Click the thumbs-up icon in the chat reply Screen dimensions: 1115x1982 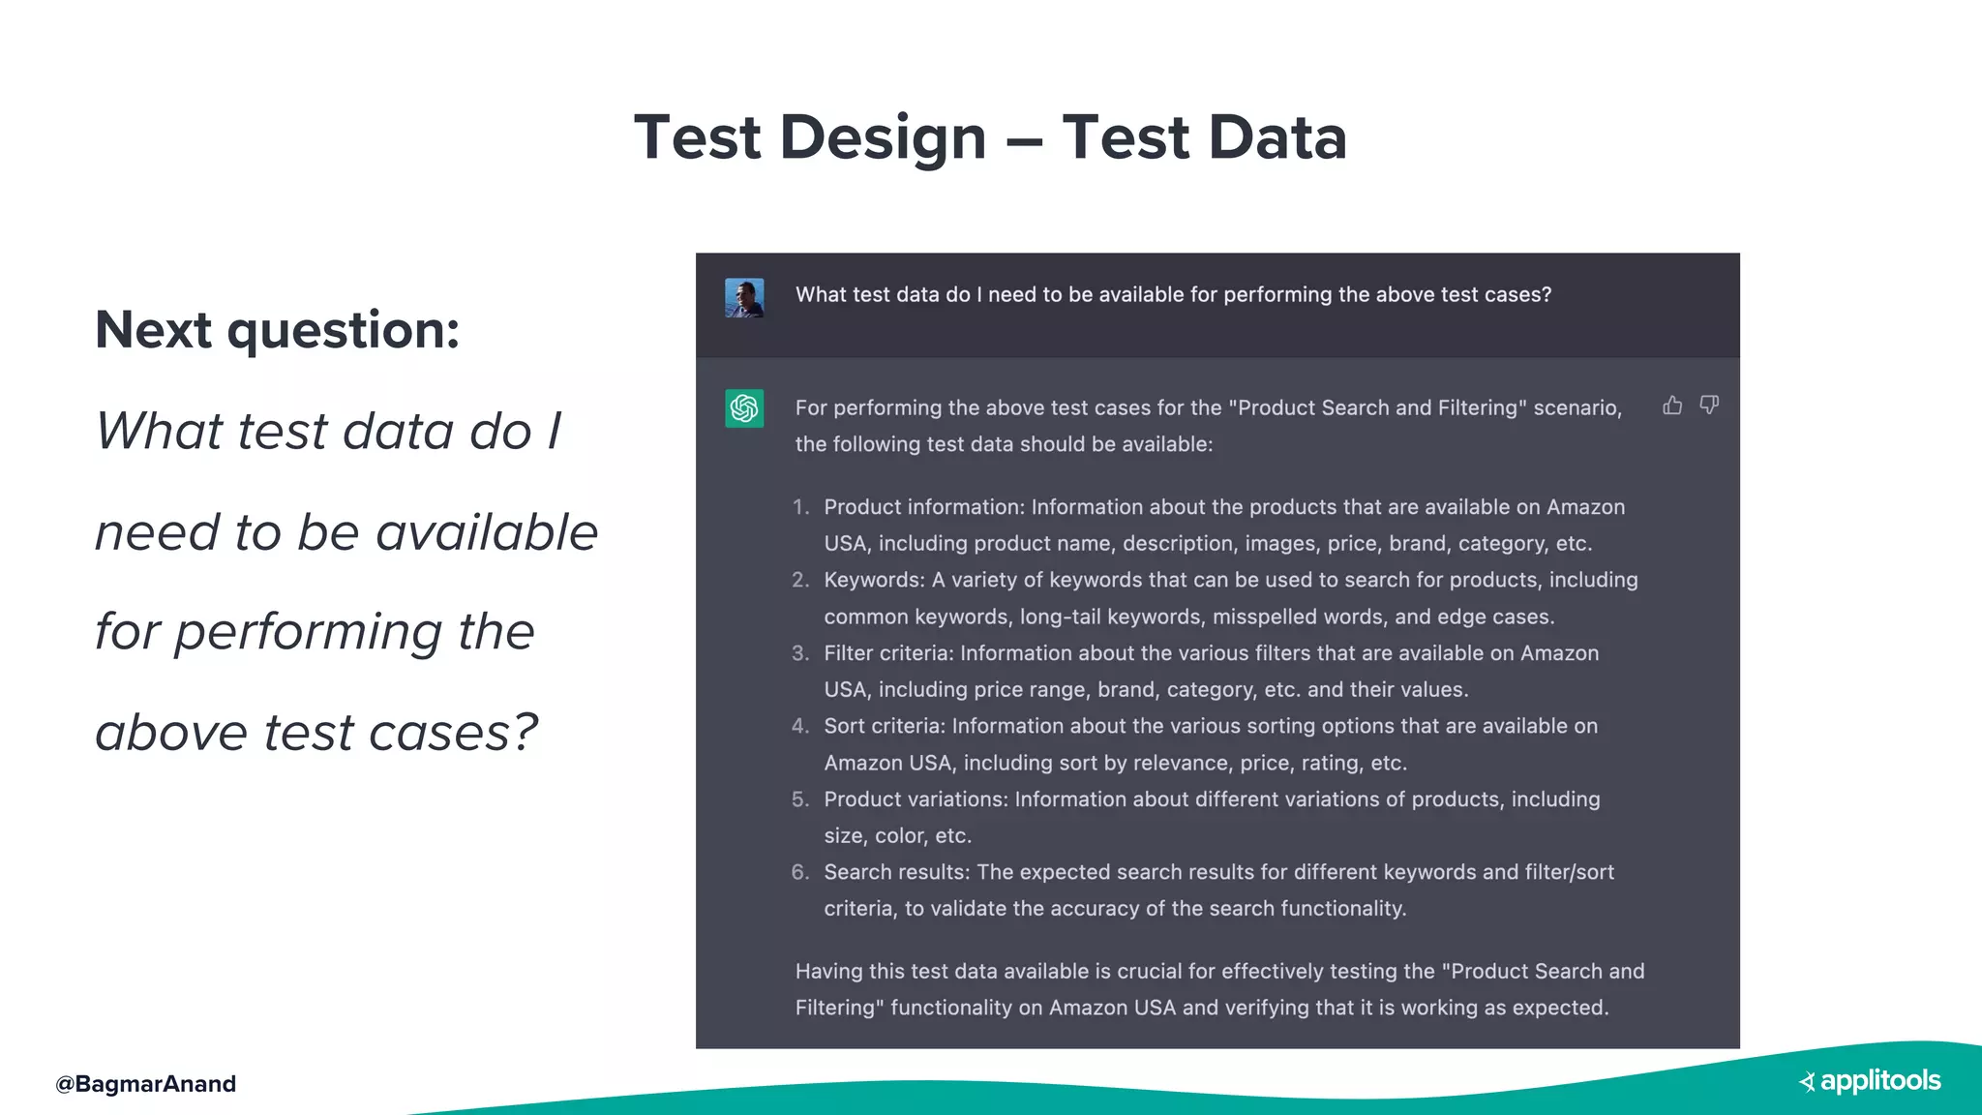coord(1672,406)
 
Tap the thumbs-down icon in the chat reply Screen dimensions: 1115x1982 coord(1709,406)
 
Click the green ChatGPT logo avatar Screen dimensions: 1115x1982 coord(744,408)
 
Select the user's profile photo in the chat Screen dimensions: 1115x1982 coord(744,298)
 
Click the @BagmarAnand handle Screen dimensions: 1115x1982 coord(145,1084)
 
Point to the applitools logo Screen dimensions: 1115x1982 coord(1870,1081)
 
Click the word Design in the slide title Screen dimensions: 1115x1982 coord(883,137)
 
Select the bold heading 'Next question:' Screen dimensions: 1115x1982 coord(277,330)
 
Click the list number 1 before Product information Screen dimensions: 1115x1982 coord(799,507)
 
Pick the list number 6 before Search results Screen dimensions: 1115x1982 coord(799,872)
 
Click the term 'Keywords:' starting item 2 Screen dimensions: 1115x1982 coord(874,580)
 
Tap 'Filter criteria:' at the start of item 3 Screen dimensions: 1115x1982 coord(888,653)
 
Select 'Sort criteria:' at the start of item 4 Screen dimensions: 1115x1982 coord(884,726)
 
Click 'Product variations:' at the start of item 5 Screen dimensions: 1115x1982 coord(916,799)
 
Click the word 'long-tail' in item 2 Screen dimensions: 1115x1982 coord(1060,617)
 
